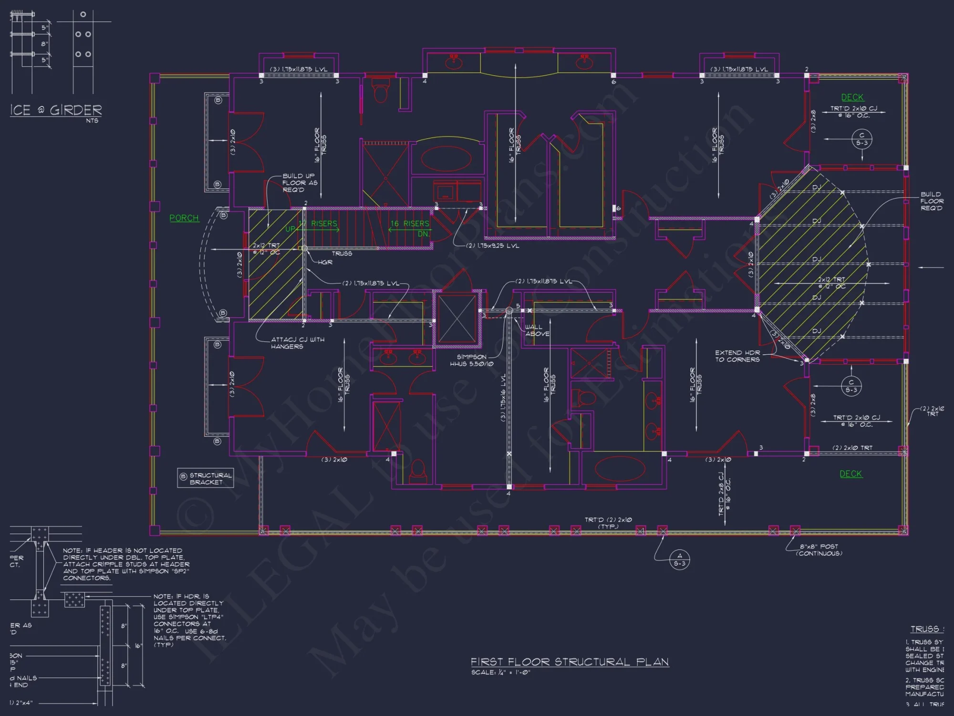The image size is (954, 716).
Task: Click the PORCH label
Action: [184, 218]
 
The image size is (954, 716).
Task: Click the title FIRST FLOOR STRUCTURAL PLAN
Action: [570, 662]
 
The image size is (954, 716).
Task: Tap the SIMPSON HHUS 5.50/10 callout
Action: [471, 360]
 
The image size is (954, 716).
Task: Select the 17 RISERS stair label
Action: [318, 223]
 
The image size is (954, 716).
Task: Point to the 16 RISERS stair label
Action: [410, 223]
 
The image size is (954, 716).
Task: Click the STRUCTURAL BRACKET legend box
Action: [206, 478]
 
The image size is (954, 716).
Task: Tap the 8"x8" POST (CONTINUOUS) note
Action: [819, 550]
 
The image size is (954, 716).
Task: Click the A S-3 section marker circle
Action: [680, 559]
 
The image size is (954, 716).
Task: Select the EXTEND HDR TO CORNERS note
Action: [737, 356]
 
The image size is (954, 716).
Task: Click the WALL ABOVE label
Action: [537, 330]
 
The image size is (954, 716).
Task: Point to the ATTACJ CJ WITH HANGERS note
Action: [297, 343]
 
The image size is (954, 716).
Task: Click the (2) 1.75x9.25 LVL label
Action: [492, 246]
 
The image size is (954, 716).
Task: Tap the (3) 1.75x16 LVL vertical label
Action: [503, 398]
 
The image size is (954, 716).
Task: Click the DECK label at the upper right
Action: [852, 97]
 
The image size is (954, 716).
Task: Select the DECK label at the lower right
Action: [850, 474]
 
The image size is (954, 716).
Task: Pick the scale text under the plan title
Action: [500, 673]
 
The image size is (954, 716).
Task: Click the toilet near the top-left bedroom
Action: [380, 92]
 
